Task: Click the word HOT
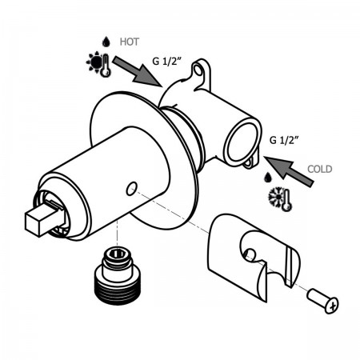[130, 42]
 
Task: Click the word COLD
[319, 169]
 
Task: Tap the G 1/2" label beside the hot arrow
[167, 61]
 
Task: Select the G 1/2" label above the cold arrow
[284, 140]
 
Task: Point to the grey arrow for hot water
[138, 70]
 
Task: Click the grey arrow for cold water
[289, 171]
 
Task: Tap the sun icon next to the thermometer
[94, 62]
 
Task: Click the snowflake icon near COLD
[276, 198]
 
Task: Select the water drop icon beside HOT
[106, 42]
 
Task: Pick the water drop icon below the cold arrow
[267, 178]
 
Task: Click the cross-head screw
[322, 301]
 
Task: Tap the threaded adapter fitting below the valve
[117, 274]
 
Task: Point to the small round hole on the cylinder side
[132, 189]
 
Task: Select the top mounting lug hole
[198, 70]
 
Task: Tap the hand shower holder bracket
[254, 257]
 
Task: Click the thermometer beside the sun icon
[106, 66]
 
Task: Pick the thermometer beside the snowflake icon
[287, 200]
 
